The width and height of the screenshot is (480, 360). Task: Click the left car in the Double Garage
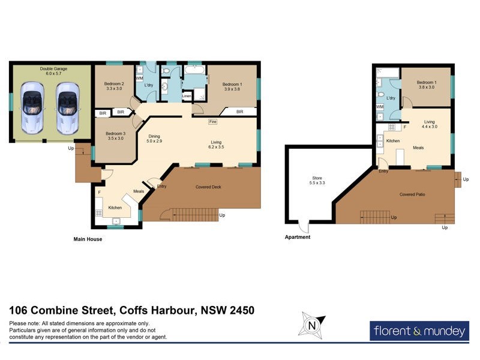tap(32, 107)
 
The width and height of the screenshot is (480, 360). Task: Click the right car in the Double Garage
tap(68, 107)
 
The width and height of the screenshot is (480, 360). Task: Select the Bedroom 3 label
tap(115, 136)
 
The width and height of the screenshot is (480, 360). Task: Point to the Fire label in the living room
tap(212, 122)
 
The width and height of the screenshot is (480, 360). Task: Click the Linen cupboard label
tap(187, 95)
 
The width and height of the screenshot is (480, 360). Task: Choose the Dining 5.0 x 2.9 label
tap(154, 139)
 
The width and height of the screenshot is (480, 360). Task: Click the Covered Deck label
tap(208, 187)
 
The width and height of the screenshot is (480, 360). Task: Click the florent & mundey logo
tap(419, 330)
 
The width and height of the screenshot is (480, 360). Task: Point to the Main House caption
tap(88, 239)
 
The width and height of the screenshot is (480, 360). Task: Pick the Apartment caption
tap(298, 237)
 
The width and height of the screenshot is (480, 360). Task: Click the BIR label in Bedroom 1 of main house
tap(239, 112)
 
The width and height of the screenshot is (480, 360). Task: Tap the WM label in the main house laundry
tap(139, 79)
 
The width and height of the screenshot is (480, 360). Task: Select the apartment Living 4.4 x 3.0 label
tap(429, 124)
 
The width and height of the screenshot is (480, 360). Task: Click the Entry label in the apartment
tap(383, 172)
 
